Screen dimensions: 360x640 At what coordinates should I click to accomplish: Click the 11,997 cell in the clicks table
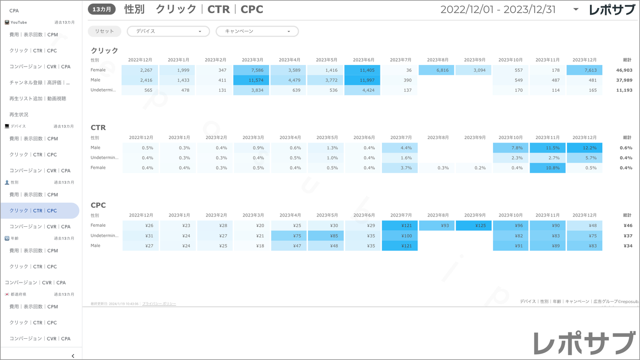click(x=362, y=80)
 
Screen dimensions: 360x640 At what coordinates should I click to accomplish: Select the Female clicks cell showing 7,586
click(x=251, y=70)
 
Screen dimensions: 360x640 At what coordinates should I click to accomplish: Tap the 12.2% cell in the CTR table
click(x=584, y=148)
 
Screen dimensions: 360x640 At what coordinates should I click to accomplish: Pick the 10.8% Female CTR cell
click(x=547, y=168)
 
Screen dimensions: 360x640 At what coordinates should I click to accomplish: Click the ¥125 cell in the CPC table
click(x=473, y=226)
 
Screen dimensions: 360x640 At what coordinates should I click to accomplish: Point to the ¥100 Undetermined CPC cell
click(x=400, y=236)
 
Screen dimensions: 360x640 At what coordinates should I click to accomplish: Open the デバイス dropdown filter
click(x=168, y=31)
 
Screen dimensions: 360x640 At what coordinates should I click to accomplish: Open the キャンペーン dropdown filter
click(x=257, y=31)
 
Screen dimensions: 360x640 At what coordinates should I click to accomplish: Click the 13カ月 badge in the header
click(x=102, y=9)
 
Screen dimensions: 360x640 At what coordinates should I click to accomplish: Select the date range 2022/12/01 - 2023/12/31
click(x=498, y=10)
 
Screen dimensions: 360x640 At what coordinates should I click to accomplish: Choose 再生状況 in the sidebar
click(x=19, y=115)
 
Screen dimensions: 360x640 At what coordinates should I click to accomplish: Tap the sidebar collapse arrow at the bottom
click(x=73, y=356)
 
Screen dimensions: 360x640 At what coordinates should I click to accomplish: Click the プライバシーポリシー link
click(x=159, y=304)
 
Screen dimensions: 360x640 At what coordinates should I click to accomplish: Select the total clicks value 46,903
click(x=624, y=70)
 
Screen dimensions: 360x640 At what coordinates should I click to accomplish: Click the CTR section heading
click(x=98, y=128)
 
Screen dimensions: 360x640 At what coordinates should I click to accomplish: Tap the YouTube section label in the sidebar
click(x=19, y=22)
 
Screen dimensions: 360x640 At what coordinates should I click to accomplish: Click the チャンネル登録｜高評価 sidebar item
click(x=39, y=83)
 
